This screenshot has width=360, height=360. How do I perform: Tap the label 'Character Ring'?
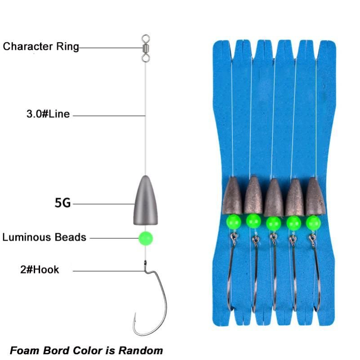[41, 46]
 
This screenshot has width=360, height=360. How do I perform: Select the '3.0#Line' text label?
[48, 114]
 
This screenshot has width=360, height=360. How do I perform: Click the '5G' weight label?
[62, 204]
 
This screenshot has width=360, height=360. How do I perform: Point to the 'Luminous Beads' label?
[44, 237]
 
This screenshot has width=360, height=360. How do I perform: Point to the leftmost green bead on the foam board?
[233, 221]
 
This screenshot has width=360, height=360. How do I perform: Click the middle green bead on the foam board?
[273, 222]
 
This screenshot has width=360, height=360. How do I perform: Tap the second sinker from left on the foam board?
[253, 195]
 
